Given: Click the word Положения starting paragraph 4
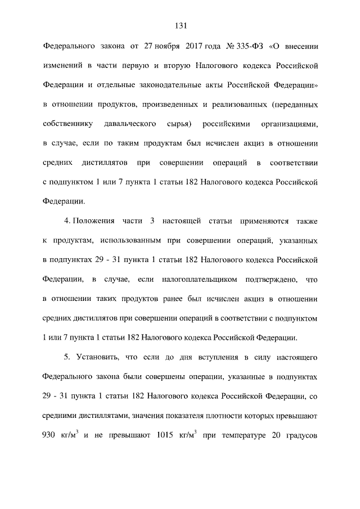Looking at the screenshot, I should coord(92,222).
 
